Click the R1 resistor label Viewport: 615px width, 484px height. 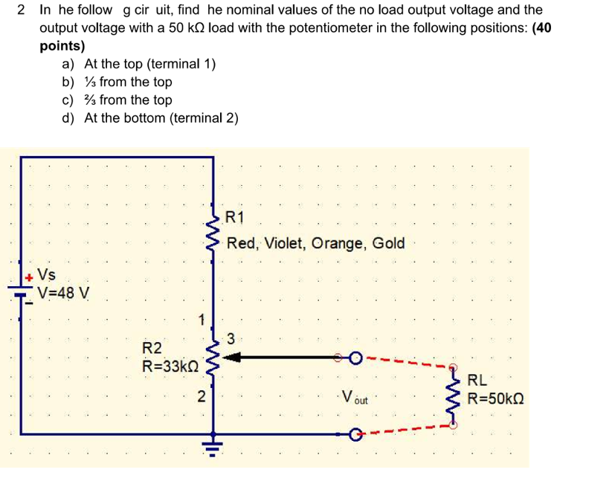(x=234, y=218)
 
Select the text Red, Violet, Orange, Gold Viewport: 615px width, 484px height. (x=316, y=243)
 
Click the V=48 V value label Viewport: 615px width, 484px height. (x=64, y=292)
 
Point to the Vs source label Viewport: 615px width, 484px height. (x=45, y=275)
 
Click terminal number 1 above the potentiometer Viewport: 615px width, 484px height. (x=201, y=320)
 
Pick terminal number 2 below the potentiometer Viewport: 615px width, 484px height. (x=202, y=396)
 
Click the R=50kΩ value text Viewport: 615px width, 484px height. (x=495, y=398)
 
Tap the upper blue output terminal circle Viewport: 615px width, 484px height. (x=357, y=358)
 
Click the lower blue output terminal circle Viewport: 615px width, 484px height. (x=357, y=433)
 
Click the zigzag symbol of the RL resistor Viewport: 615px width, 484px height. (x=454, y=396)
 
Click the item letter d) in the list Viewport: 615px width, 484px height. (x=69, y=117)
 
